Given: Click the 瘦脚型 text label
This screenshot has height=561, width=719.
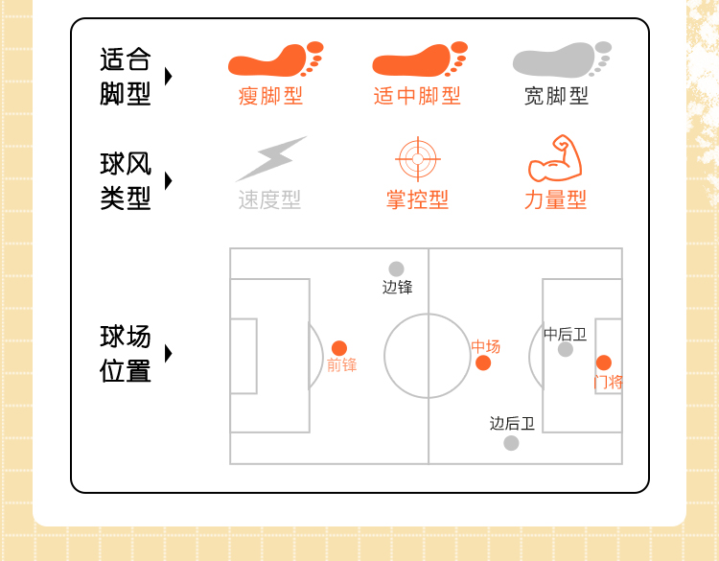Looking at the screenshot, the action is coord(270,96).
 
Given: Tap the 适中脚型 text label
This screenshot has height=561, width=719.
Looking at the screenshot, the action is coord(417,96).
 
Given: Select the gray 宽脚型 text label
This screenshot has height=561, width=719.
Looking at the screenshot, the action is coord(556,96).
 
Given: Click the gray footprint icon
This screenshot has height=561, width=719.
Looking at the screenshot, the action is coord(562,59).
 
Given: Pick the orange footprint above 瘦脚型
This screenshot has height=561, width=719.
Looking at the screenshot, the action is coord(275,59).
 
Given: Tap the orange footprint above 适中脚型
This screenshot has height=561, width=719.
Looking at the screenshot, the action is coord(419,59).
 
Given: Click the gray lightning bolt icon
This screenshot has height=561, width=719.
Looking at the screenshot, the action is coord(270,159).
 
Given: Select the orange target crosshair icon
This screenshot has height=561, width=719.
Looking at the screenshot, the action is coord(417,159).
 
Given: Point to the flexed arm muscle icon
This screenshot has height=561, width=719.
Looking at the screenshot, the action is coord(555,159).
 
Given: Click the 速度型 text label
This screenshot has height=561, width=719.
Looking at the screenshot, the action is coord(269,199).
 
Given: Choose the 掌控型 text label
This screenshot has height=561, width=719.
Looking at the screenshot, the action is coord(417,199).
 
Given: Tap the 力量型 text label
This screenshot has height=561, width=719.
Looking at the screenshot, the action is coord(555,199).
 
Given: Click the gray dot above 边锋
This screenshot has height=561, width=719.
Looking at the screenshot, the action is coord(396,269).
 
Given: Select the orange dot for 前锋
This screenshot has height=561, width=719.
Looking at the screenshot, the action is coord(339,348).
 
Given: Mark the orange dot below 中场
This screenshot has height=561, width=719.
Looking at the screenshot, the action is coord(483,362).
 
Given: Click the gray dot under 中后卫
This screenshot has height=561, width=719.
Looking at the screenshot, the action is coord(566,349).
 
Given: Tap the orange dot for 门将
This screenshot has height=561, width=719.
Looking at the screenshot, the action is coord(604,362).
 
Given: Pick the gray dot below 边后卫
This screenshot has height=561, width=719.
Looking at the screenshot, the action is coord(511,443).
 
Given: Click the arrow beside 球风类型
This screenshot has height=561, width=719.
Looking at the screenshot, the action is coord(169,180).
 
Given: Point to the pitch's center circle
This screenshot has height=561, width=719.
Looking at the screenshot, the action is coord(428,356).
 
